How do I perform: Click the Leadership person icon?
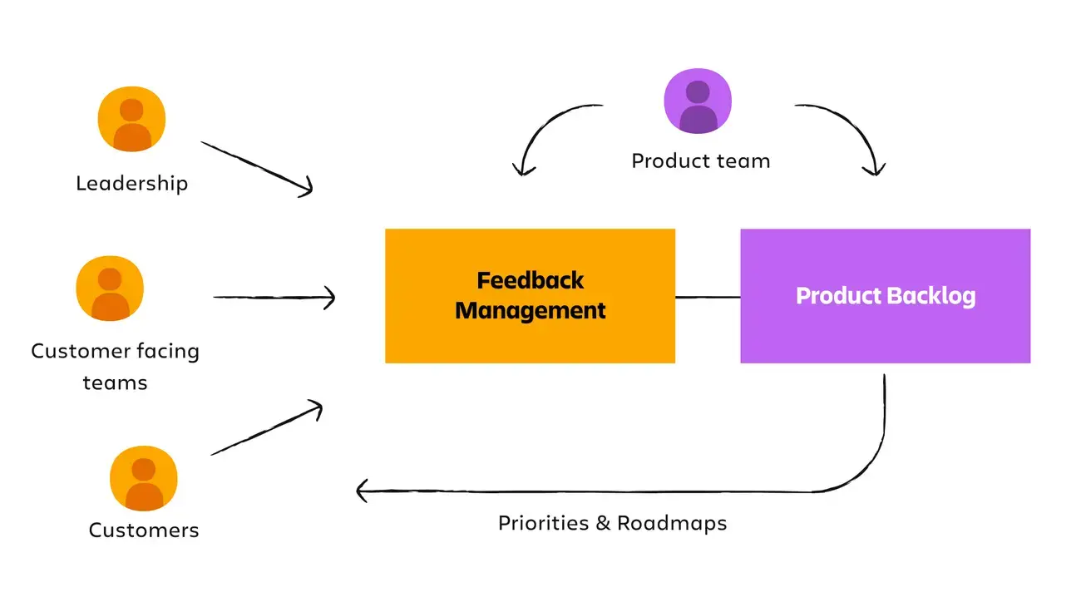(x=131, y=119)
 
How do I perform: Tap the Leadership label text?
(x=131, y=184)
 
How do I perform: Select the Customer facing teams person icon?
(x=110, y=288)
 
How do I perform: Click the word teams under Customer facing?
(x=115, y=383)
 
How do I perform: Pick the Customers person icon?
(x=144, y=478)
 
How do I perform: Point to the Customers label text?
(x=144, y=530)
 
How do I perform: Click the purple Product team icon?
(x=698, y=101)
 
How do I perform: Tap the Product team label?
(x=701, y=161)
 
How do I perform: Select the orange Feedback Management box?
(x=530, y=296)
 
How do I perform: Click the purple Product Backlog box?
(x=885, y=296)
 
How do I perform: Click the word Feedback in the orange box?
(x=531, y=281)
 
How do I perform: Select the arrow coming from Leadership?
(x=257, y=169)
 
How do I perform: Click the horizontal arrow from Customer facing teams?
(x=274, y=298)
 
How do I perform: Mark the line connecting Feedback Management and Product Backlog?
(x=708, y=297)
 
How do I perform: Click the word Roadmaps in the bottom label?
(x=672, y=523)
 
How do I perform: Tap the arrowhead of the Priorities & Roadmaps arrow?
(x=361, y=491)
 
